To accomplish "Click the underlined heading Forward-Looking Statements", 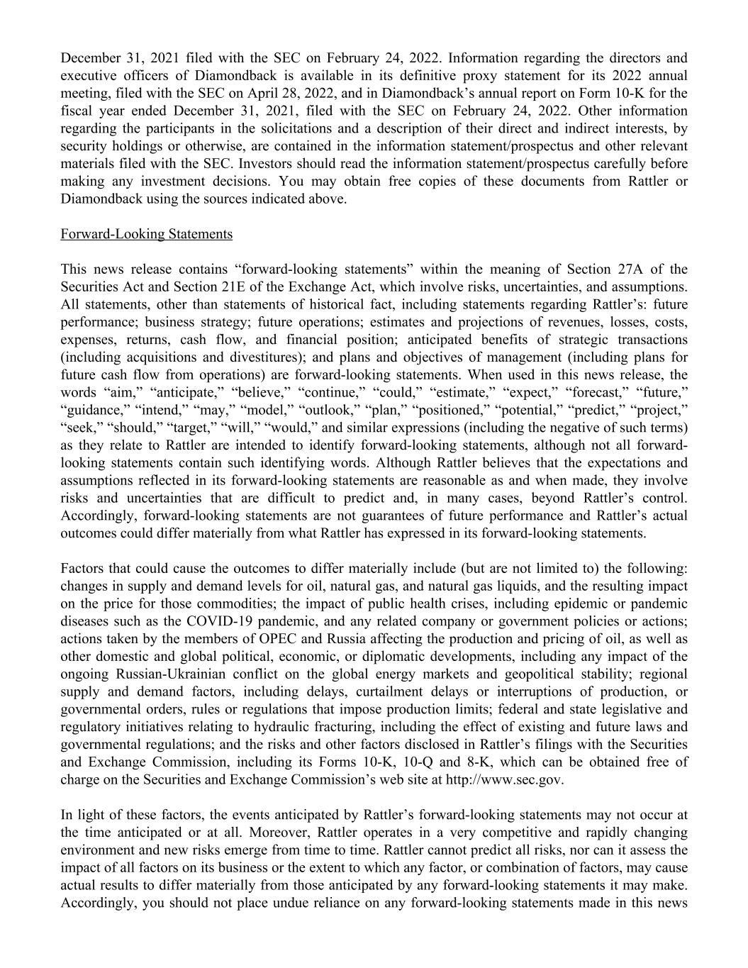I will [x=146, y=234].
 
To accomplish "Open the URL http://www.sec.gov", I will [x=504, y=779].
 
